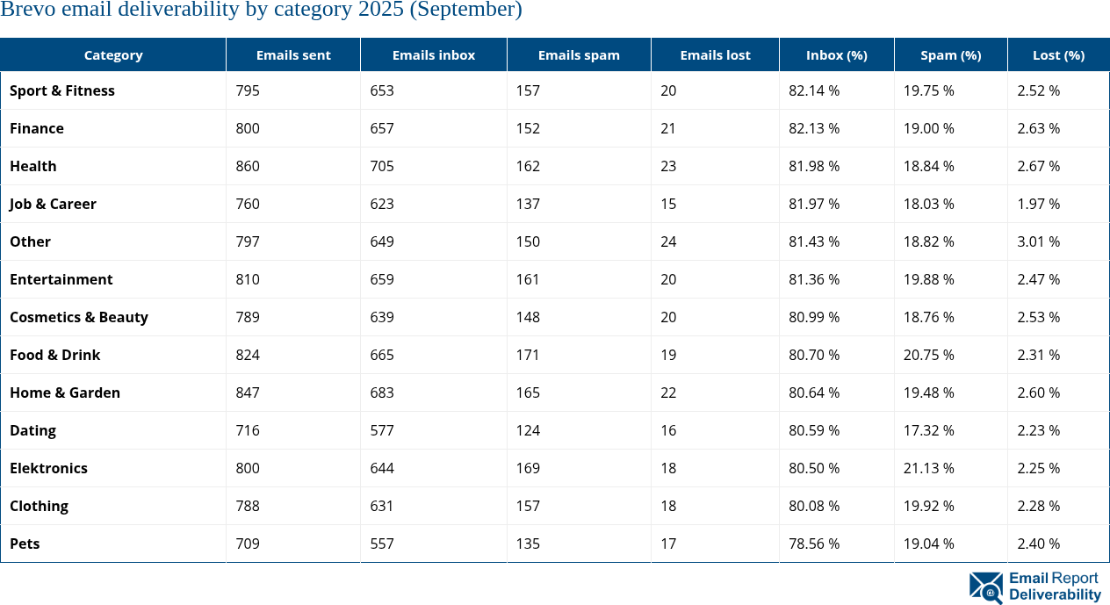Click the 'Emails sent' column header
(x=293, y=54)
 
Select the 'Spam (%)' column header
(x=950, y=54)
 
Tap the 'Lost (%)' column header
(x=1058, y=54)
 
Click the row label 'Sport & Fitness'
(x=62, y=90)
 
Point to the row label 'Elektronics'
(x=48, y=468)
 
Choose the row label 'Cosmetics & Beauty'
(x=79, y=317)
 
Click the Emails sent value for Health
(x=248, y=166)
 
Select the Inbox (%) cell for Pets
(x=814, y=544)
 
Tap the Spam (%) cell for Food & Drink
(x=929, y=355)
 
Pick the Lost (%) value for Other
(x=1038, y=241)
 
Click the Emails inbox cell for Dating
(x=382, y=430)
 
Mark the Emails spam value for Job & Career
(x=529, y=204)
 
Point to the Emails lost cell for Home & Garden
(x=668, y=393)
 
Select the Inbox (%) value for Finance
(x=814, y=128)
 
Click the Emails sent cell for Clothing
(x=248, y=506)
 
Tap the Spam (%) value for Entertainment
(x=929, y=279)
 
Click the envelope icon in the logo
(x=986, y=587)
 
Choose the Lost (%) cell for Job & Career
(x=1038, y=204)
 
